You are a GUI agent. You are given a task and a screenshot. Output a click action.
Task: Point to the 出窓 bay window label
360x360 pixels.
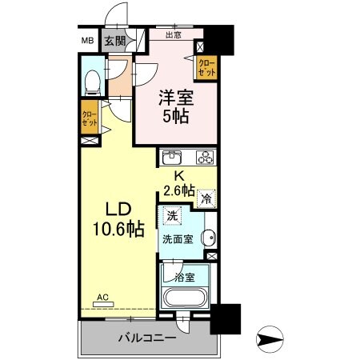pos(173,35)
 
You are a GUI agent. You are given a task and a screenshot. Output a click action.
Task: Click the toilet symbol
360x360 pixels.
pos(93,80)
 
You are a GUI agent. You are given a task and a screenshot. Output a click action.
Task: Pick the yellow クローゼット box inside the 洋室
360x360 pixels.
pos(207,66)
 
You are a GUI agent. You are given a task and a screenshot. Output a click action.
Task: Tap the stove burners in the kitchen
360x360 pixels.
pos(205,157)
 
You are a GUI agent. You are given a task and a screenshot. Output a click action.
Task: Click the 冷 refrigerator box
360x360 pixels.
pos(206,198)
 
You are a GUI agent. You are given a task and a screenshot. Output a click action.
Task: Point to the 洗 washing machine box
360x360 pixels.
pos(171,215)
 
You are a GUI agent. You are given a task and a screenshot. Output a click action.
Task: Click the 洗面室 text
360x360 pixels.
pos(178,238)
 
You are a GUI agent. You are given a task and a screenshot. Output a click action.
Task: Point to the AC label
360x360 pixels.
pos(102,297)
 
